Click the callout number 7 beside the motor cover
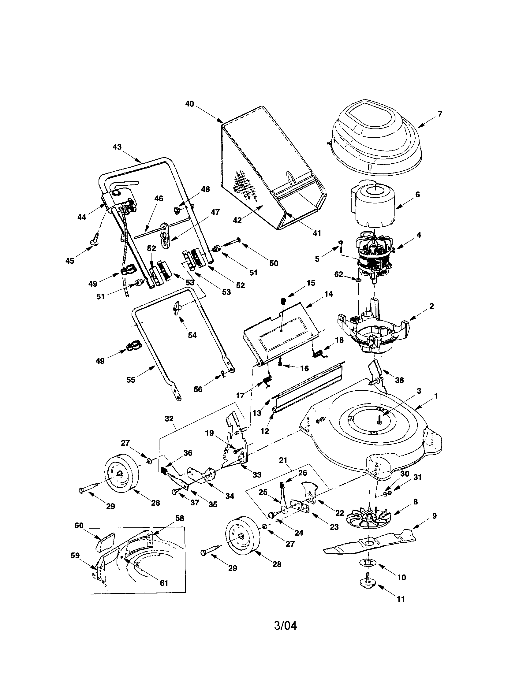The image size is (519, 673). point(440,114)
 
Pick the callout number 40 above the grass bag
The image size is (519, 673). point(189,104)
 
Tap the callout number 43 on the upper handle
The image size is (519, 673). point(117,147)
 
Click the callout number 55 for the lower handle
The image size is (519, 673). point(131,380)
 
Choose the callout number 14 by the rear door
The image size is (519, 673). point(329,294)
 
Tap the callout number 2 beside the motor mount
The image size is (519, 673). point(431,306)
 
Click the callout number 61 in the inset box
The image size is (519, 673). point(164,583)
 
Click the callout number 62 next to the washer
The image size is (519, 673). point(339,274)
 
